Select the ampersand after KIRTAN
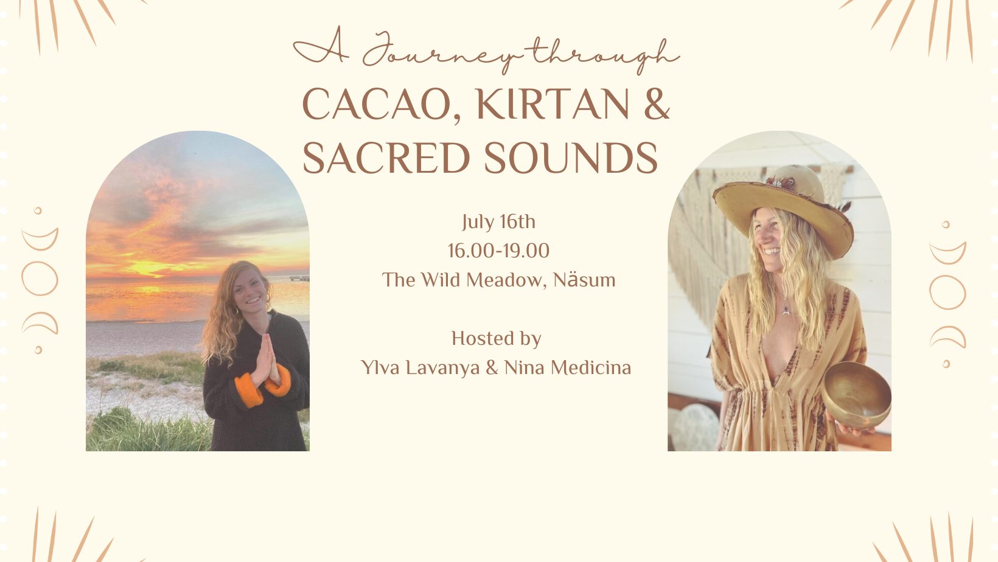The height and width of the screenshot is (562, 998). click(657, 104)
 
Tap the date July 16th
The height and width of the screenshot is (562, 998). click(498, 222)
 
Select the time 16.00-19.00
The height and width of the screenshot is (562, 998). click(498, 251)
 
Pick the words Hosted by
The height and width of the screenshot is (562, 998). click(497, 338)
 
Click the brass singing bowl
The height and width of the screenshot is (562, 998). click(856, 394)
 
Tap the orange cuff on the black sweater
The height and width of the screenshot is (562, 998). click(249, 390)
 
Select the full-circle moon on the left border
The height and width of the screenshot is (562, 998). click(40, 279)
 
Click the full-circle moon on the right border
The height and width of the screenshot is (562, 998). click(947, 293)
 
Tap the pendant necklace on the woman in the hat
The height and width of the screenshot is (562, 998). click(786, 310)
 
